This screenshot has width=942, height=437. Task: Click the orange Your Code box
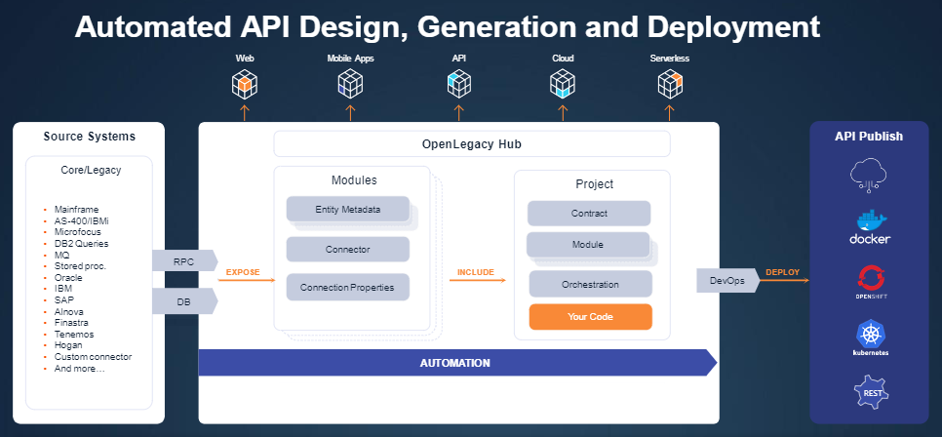pyautogui.click(x=590, y=317)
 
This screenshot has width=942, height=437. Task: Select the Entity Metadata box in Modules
pyautogui.click(x=347, y=210)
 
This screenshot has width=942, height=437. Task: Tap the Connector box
pyautogui.click(x=347, y=250)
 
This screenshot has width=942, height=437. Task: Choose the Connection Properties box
pyautogui.click(x=347, y=288)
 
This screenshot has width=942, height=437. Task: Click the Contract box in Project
pyautogui.click(x=589, y=214)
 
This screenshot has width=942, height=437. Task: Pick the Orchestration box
pyautogui.click(x=590, y=284)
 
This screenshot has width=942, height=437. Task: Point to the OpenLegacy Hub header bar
pyautogui.click(x=472, y=144)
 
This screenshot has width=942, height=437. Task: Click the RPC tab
pyautogui.click(x=183, y=261)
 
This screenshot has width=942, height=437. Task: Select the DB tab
pyautogui.click(x=183, y=302)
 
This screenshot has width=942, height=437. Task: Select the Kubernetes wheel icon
pyautogui.click(x=870, y=336)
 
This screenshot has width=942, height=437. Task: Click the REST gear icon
pyautogui.click(x=870, y=394)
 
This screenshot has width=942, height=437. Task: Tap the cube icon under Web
pyautogui.click(x=245, y=86)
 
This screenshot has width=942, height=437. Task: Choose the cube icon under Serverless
pyautogui.click(x=669, y=86)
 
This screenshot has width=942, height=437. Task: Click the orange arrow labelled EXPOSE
pyautogui.click(x=243, y=280)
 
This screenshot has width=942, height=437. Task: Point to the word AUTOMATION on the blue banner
pyautogui.click(x=454, y=363)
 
